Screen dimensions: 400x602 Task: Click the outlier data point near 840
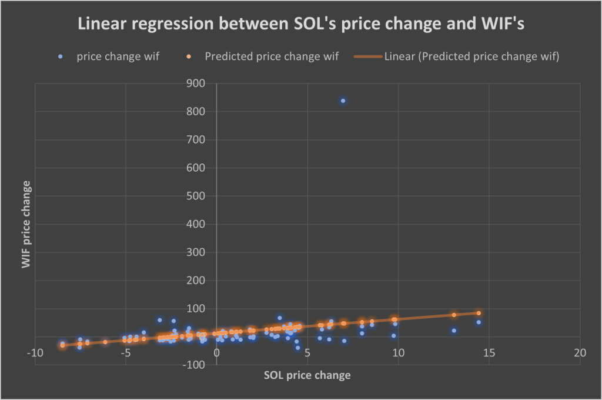(x=343, y=101)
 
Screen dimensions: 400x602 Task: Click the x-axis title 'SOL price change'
(x=307, y=375)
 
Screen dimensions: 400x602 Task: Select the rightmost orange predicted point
(x=479, y=313)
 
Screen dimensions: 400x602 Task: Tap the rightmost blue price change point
(x=479, y=322)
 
